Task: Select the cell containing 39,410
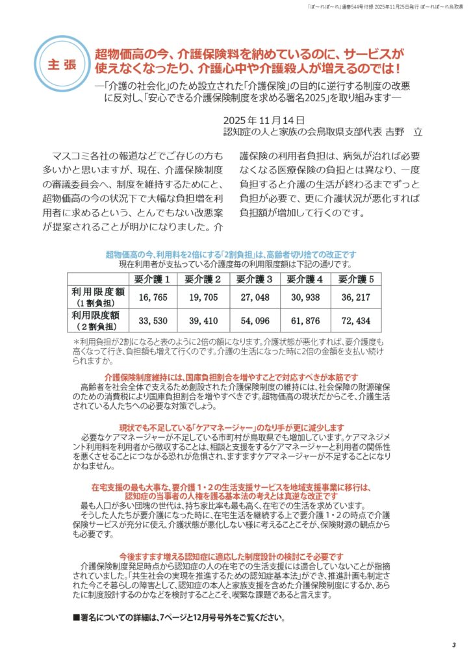pyautogui.click(x=203, y=321)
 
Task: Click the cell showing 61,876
pyautogui.click(x=305, y=321)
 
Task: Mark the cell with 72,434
pyautogui.click(x=356, y=321)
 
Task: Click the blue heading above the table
pyautogui.click(x=230, y=255)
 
